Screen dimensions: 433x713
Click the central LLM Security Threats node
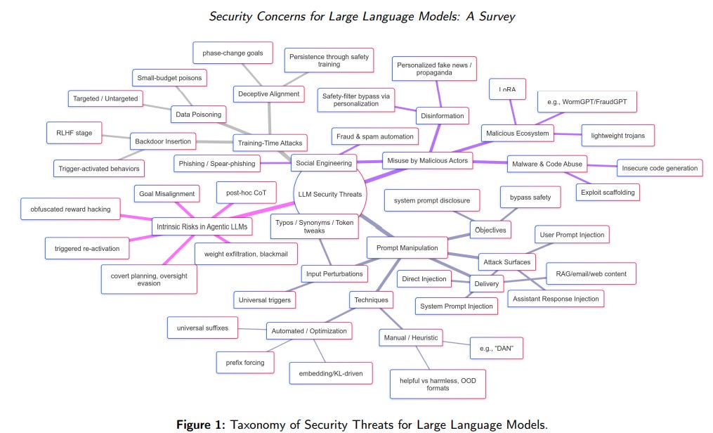(x=329, y=193)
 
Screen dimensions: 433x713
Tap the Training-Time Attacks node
(x=270, y=143)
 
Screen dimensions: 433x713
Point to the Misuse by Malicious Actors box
(x=427, y=161)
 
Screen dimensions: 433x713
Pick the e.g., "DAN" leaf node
(x=497, y=348)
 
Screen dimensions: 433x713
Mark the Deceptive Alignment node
(x=268, y=93)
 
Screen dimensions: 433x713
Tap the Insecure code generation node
(x=659, y=168)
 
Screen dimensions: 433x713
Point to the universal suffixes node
(x=202, y=328)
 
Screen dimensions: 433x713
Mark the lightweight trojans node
(x=618, y=136)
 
